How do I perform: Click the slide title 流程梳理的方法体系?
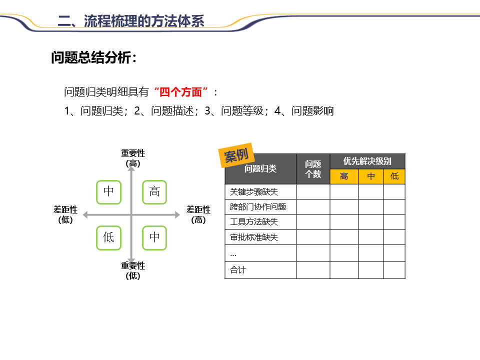click(x=131, y=20)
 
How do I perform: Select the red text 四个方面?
click(x=181, y=92)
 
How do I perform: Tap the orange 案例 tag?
click(x=236, y=156)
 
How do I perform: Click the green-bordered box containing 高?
click(x=154, y=192)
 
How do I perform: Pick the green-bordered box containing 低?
click(x=108, y=237)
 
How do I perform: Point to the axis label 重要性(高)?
click(x=133, y=158)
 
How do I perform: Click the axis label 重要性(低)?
click(x=133, y=270)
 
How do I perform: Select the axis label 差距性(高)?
click(x=198, y=214)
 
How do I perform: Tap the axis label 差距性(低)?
click(x=65, y=214)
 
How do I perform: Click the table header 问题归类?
click(x=260, y=169)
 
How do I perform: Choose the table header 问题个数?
click(x=313, y=169)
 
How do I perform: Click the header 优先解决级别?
click(x=367, y=161)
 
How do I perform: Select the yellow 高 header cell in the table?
click(x=344, y=176)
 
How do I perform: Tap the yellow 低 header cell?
click(x=394, y=176)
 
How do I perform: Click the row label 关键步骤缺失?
click(x=254, y=191)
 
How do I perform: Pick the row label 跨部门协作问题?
click(x=258, y=207)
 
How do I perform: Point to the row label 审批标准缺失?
click(x=254, y=237)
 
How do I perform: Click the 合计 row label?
click(x=238, y=270)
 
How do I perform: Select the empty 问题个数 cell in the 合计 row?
click(x=313, y=270)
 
